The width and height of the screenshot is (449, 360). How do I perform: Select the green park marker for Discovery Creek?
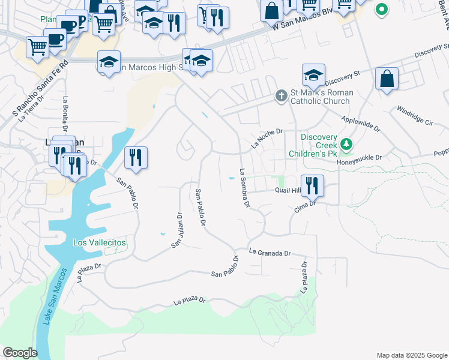pyautogui.click(x=346, y=145)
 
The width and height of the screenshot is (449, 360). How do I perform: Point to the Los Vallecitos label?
pyautogui.click(x=100, y=242)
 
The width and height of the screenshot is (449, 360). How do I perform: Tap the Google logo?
pyautogui.click(x=20, y=353)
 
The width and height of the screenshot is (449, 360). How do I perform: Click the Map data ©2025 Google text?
pyautogui.click(x=411, y=355)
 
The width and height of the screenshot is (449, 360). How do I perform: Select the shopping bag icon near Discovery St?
pyautogui.click(x=387, y=79)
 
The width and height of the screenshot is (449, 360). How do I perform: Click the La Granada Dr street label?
pyautogui.click(x=270, y=253)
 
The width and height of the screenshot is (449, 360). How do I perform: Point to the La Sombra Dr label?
pyautogui.click(x=244, y=188)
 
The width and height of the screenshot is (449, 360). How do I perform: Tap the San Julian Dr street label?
pyautogui.click(x=177, y=231)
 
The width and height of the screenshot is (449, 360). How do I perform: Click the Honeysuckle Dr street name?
pyautogui.click(x=360, y=158)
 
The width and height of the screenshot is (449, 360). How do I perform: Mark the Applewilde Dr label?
pyautogui.click(x=360, y=124)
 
